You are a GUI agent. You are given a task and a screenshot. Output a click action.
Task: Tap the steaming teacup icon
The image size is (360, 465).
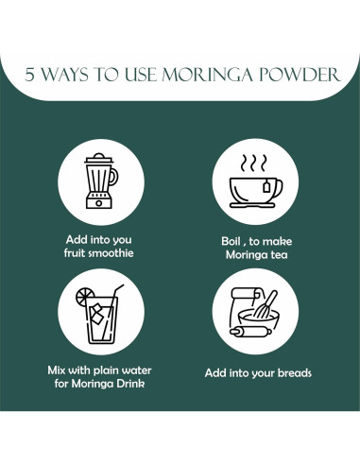[256, 181]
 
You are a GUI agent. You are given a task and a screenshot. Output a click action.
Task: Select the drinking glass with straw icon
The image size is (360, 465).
[100, 314]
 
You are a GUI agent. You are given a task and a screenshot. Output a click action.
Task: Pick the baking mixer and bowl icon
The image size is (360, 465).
[254, 312]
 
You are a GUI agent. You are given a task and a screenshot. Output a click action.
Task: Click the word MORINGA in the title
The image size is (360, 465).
[207, 75]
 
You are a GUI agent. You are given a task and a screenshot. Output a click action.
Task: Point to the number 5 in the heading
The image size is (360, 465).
[29, 75]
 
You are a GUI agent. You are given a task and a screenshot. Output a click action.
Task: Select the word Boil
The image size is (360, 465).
[231, 241]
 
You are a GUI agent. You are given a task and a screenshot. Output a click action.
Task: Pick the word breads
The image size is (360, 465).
[295, 373]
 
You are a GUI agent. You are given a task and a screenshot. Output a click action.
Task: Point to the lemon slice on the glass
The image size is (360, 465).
[84, 297]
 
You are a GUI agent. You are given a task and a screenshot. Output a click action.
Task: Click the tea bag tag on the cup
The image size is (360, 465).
[266, 187]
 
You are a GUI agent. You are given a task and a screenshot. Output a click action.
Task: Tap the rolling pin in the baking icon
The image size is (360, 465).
[250, 332]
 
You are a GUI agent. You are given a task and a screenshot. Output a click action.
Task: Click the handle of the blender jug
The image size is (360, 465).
[113, 177]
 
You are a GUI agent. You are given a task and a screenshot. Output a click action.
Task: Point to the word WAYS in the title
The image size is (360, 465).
[65, 75]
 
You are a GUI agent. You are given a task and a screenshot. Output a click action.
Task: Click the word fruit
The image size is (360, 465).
[75, 253]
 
